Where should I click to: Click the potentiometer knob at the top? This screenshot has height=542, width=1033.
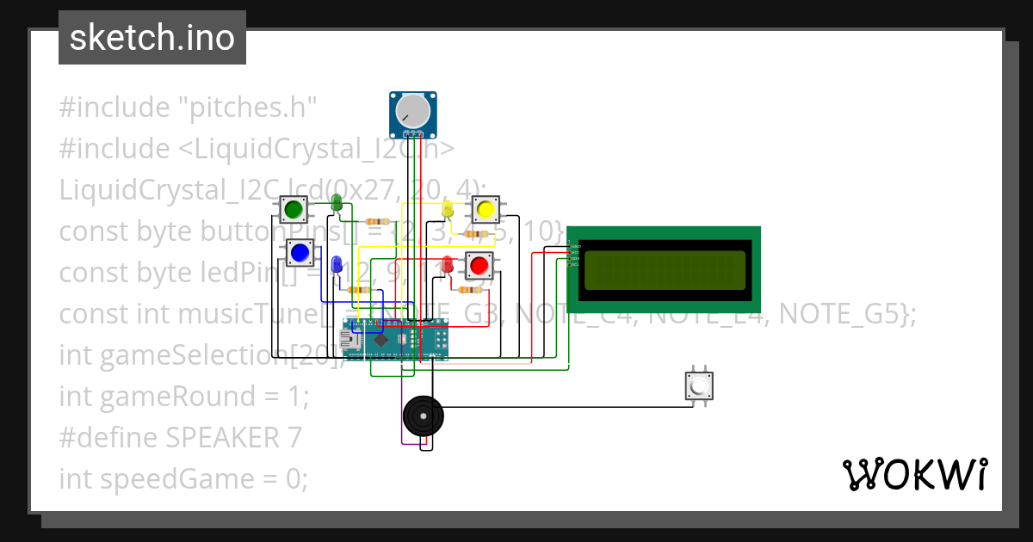point(412,111)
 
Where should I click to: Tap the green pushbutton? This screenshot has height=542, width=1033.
point(294,208)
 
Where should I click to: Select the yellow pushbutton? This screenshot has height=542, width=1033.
point(485,208)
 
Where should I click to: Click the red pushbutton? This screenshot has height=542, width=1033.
point(479,265)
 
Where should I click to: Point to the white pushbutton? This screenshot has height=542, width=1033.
point(698,386)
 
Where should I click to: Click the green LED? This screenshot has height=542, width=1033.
point(337,203)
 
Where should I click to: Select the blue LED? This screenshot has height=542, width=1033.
point(337,263)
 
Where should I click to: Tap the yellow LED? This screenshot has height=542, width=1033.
point(447,209)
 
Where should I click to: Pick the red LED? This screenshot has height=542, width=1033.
point(448,263)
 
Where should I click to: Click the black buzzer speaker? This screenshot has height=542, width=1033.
point(424,417)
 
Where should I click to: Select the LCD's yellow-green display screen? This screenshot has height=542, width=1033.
point(665,270)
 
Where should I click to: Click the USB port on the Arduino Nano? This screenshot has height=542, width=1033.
point(350,341)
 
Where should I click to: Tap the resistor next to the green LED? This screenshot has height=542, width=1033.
point(377,221)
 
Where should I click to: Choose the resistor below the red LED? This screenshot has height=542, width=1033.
point(469,290)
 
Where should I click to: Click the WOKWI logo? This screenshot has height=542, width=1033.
point(914,474)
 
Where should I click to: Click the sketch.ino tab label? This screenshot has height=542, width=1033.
point(152,38)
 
